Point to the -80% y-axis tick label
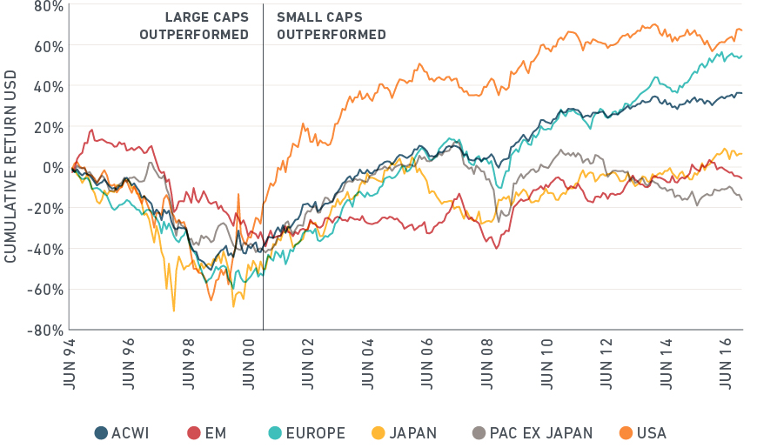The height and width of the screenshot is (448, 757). pos(44,331)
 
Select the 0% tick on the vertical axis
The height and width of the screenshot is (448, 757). pos(50,168)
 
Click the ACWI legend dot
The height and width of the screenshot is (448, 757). pos(101,432)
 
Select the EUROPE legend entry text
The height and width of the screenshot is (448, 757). pos(314,432)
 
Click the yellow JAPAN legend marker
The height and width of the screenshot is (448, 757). pos(378,432)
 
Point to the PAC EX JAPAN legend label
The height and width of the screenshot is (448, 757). pos(541,432)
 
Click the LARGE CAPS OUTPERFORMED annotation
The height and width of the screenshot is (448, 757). pos(194,26)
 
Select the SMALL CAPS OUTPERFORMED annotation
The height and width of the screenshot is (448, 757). pos(332,26)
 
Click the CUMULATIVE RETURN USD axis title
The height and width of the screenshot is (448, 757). pos(10,168)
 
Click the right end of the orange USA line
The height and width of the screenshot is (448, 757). pos(741,30)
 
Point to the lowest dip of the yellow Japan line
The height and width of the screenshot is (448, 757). pos(173,311)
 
